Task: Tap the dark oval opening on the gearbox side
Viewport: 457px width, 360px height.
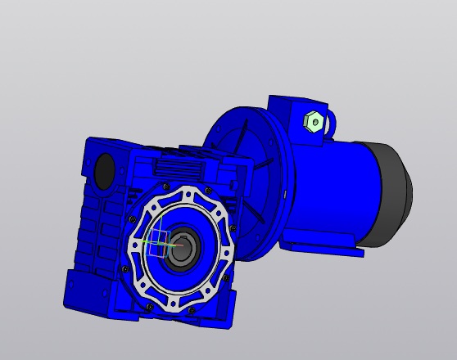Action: pyautogui.click(x=105, y=169)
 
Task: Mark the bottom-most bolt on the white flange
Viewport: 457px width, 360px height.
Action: pyautogui.click(x=191, y=309)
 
